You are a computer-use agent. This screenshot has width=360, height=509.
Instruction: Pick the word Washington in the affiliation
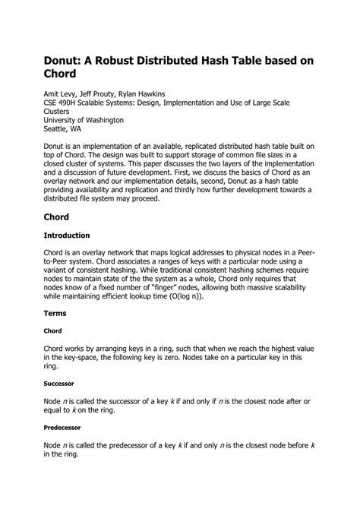tap(99, 119)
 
